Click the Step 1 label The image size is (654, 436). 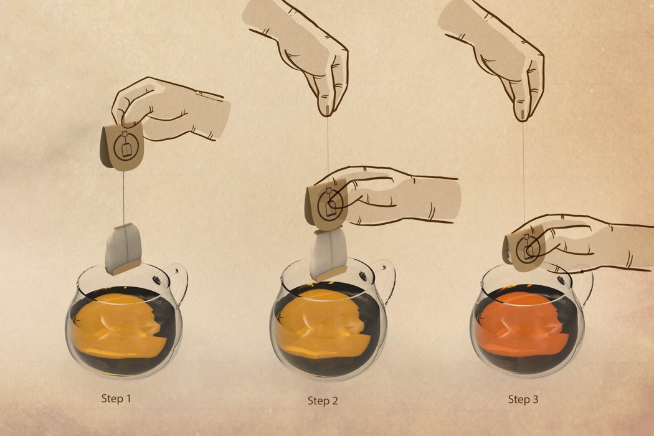[x=116, y=399]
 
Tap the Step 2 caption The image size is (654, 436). [x=323, y=400]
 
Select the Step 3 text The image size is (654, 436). [x=523, y=399]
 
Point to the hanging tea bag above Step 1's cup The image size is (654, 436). [x=123, y=249]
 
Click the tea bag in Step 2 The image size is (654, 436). [x=329, y=255]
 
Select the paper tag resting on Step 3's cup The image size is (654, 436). [x=524, y=249]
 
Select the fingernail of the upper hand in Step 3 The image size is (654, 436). [x=523, y=115]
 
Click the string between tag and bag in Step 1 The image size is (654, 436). [x=123, y=198]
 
